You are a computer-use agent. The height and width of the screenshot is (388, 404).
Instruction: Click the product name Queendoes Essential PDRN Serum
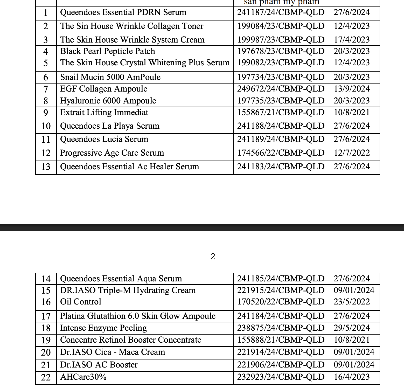coord(123,12)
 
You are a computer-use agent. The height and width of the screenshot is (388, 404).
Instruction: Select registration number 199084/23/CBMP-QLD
coord(281,26)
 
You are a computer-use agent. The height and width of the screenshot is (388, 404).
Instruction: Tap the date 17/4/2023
coord(352,40)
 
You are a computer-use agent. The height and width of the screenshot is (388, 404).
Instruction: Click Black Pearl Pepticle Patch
coord(108,51)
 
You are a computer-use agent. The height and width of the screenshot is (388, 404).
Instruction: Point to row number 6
coord(46,77)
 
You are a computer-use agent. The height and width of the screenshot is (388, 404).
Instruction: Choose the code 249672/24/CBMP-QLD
coord(281,89)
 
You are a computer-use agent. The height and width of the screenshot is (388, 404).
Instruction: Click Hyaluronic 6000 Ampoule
coord(108,101)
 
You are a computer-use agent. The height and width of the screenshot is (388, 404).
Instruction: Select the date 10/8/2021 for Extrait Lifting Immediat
coord(352,112)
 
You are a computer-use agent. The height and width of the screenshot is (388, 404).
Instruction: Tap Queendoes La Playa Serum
coord(110,126)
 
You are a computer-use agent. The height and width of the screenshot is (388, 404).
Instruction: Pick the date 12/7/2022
coord(352,153)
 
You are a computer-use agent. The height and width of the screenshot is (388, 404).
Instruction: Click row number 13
coord(46,167)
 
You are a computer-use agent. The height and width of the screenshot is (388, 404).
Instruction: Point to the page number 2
coord(213,257)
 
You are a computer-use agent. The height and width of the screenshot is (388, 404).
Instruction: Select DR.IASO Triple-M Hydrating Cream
coord(128,290)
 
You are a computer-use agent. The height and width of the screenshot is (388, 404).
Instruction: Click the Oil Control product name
coord(81,302)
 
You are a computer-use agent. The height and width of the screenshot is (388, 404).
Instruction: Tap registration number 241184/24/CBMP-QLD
coord(281,316)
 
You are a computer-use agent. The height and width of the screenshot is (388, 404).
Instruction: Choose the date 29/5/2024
coord(352,328)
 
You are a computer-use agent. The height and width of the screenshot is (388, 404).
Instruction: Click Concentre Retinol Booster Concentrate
coord(131,340)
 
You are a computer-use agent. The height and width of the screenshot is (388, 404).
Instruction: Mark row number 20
coord(46,352)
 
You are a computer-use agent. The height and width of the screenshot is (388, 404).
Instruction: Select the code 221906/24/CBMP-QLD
coord(281,365)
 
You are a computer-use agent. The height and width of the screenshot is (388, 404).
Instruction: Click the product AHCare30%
coord(83,377)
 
